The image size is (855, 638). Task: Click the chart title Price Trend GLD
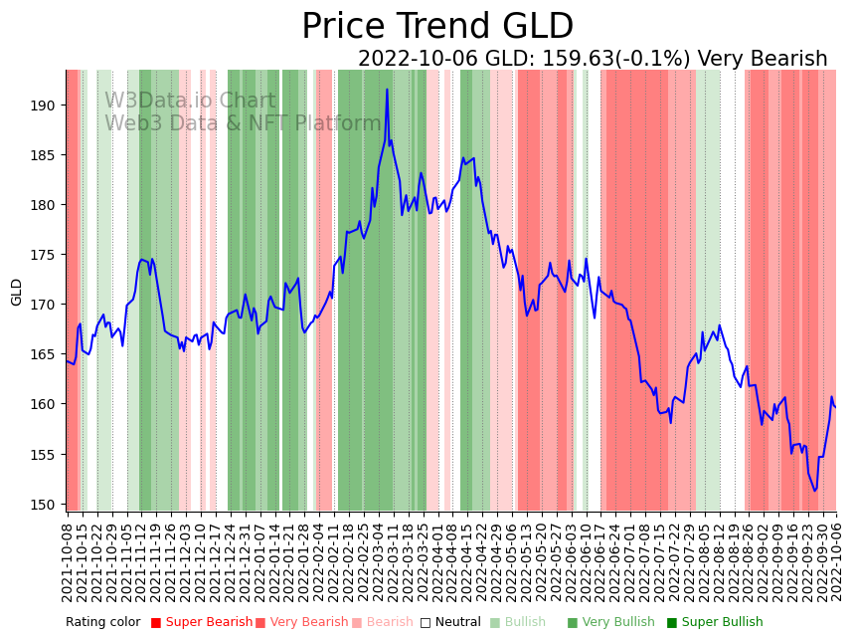(x=437, y=27)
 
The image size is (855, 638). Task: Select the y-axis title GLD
(x=17, y=292)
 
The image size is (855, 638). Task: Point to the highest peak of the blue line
(x=387, y=90)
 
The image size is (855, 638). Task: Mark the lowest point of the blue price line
(x=815, y=491)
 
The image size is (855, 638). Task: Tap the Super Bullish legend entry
(x=715, y=623)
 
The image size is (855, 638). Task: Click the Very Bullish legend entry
(x=609, y=623)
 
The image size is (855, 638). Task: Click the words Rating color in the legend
(x=103, y=623)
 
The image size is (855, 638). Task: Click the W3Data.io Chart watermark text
(x=190, y=102)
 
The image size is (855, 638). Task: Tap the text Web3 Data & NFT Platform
(x=243, y=123)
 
